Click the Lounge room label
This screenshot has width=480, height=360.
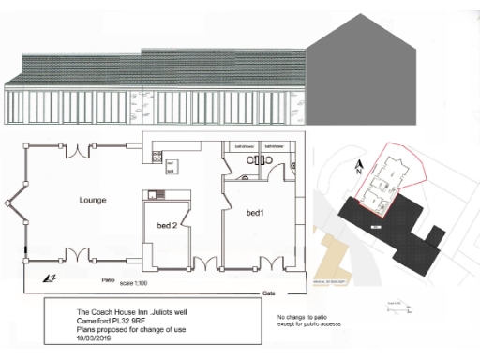click(92, 200)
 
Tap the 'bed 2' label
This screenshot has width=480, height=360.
click(166, 225)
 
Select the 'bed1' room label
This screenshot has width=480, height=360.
click(255, 214)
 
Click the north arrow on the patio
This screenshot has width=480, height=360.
click(50, 278)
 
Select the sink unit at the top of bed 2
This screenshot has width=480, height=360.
click(157, 194)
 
